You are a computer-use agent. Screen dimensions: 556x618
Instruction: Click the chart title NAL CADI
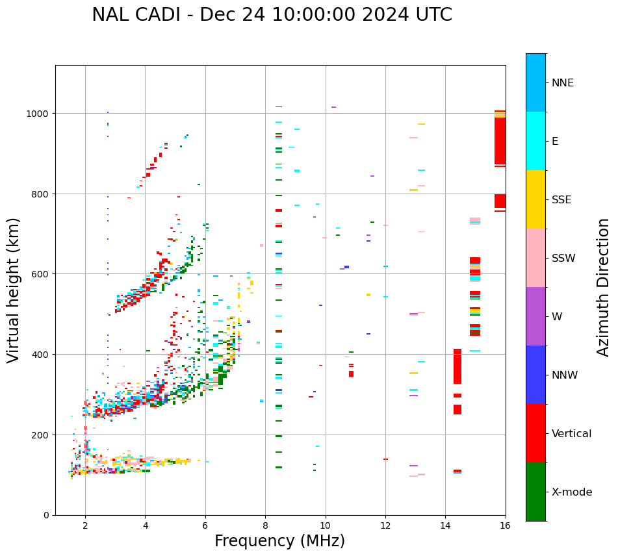(272, 15)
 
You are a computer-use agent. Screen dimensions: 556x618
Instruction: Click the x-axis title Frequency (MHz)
(279, 541)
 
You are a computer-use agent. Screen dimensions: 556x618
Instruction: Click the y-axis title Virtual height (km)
(14, 290)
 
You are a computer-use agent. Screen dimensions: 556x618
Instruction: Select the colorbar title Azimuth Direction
(604, 287)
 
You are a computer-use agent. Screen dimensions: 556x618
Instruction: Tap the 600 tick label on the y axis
(41, 274)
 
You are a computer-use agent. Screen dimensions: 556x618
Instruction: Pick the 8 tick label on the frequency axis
(265, 526)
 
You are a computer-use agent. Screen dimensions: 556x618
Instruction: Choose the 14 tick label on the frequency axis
(445, 526)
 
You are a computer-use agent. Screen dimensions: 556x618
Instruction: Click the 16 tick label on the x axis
(505, 526)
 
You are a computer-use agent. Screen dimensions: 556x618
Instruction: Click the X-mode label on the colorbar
(572, 492)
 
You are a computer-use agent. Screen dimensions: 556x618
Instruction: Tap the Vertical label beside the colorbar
(572, 434)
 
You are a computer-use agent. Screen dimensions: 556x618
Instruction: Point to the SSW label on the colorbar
(563, 259)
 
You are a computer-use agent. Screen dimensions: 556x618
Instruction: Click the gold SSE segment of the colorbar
(535, 199)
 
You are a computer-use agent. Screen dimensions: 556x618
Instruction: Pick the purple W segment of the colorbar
(535, 316)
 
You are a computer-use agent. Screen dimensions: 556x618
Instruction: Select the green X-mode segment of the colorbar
(535, 492)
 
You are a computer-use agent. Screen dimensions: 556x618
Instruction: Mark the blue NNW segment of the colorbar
(535, 375)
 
